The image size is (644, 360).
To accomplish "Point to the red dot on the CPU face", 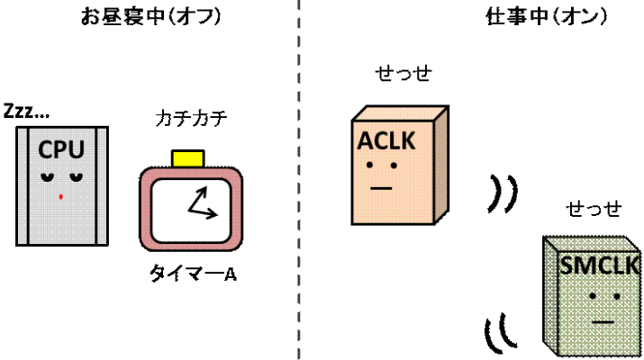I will tap(60, 194).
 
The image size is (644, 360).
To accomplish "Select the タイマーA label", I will tap(193, 274).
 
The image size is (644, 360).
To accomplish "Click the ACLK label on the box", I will tap(384, 142).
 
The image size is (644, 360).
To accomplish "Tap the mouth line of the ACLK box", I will tap(380, 189).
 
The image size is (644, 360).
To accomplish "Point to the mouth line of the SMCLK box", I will tap(602, 319).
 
